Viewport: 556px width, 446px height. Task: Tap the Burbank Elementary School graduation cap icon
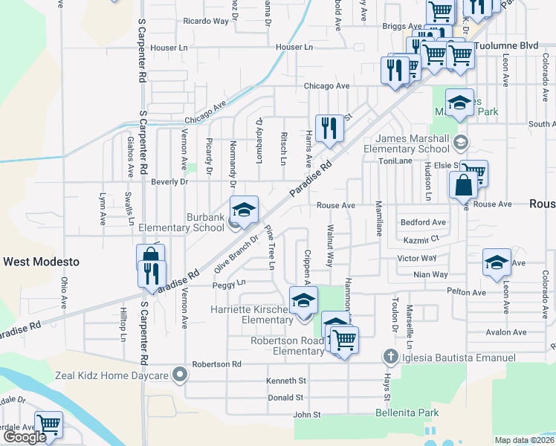[x=244, y=210]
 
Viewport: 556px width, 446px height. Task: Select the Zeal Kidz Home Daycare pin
[x=178, y=375]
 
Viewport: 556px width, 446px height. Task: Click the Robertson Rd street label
[x=217, y=364]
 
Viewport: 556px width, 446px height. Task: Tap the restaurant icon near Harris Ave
[x=329, y=128]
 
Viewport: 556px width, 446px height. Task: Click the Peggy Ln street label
[x=229, y=284]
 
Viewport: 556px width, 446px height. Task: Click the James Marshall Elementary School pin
[x=461, y=140]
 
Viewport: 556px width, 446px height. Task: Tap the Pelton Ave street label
[x=467, y=292]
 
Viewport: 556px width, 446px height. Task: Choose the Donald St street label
[x=285, y=398]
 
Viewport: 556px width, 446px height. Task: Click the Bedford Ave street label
[x=423, y=222]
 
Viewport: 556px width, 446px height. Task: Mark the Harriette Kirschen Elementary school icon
[x=303, y=301]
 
